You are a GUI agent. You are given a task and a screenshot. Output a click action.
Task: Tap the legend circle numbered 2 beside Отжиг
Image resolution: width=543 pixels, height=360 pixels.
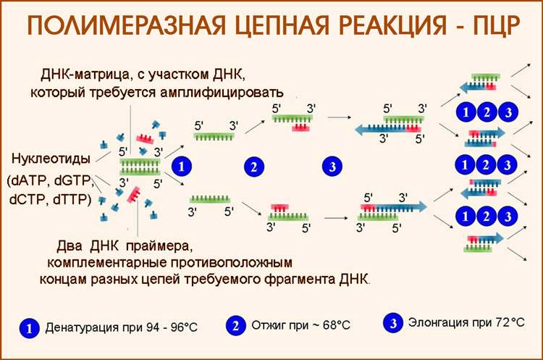[x=235, y=325]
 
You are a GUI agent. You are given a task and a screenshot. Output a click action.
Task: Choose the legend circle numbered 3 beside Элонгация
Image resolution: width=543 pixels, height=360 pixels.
[x=392, y=323]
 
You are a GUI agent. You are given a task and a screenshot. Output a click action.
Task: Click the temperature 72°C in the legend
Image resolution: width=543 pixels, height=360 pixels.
[x=506, y=323]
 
